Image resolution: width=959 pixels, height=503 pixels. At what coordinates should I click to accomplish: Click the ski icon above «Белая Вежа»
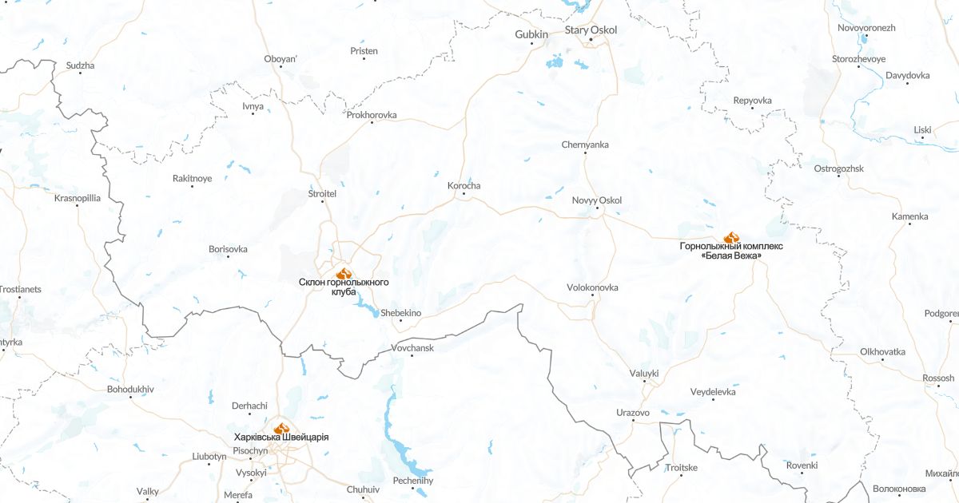click(x=731, y=237)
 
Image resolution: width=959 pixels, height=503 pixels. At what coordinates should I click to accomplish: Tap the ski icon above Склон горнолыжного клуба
click(x=344, y=274)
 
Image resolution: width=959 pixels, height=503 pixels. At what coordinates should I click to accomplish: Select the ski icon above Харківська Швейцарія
click(x=281, y=428)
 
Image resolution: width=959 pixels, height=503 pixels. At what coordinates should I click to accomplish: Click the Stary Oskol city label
click(x=591, y=30)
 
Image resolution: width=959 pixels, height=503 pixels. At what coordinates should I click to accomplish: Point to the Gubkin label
click(x=531, y=34)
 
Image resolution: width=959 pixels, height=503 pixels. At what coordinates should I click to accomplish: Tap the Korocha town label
click(x=464, y=186)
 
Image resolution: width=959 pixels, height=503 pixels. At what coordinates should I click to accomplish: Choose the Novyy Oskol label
click(x=597, y=200)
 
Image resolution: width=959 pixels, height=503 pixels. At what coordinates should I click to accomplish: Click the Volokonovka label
click(x=592, y=287)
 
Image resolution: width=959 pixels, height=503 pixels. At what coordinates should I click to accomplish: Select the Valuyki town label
click(x=644, y=372)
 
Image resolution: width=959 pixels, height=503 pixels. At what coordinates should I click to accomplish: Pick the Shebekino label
click(x=401, y=313)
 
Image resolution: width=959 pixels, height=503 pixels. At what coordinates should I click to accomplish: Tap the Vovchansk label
click(x=412, y=348)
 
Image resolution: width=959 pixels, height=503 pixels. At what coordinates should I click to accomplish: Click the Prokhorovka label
click(x=372, y=115)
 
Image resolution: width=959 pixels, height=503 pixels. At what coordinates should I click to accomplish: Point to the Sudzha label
click(x=80, y=65)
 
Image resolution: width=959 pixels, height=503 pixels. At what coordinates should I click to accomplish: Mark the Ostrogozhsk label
click(x=838, y=168)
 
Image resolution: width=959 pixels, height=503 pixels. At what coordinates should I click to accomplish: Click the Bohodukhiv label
click(x=130, y=389)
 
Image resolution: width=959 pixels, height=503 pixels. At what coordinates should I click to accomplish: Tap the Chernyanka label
click(x=585, y=145)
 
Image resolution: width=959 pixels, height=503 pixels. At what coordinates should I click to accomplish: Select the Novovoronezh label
click(x=866, y=28)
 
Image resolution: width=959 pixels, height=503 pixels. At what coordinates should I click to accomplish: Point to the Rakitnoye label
click(x=193, y=178)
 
